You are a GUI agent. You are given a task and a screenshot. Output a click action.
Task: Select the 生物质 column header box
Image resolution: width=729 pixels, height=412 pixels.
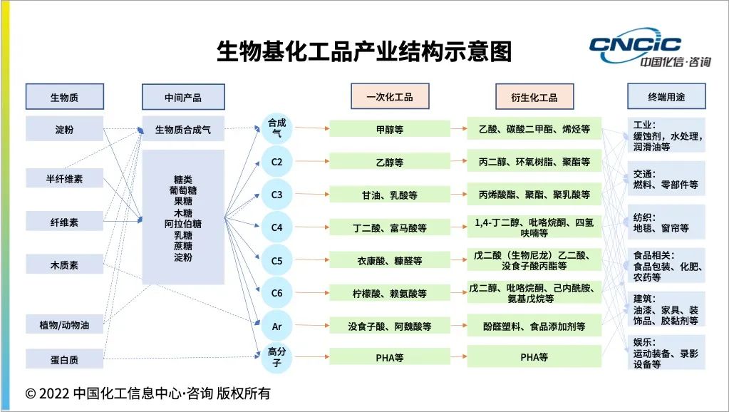pos(64,97)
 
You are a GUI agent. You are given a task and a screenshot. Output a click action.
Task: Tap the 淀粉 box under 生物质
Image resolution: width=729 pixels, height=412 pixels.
pos(64,129)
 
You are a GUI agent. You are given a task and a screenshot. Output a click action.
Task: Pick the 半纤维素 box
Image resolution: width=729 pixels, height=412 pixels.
pos(64,179)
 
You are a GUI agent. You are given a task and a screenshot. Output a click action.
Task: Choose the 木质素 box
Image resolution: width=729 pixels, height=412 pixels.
pos(64,264)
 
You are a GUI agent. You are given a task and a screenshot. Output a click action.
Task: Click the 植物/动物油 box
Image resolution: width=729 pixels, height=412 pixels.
pos(64,324)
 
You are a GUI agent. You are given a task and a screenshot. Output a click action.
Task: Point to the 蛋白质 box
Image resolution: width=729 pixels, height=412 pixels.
pos(64,359)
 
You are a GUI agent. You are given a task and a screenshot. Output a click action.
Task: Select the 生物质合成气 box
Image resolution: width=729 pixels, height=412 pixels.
pos(183,130)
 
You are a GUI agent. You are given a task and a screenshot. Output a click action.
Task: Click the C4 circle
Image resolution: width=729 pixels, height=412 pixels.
pos(276,228)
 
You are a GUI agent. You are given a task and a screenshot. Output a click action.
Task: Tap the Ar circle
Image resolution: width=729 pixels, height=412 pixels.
pos(276,326)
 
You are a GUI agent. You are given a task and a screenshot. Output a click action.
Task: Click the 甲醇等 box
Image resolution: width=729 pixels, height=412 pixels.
pos(389,129)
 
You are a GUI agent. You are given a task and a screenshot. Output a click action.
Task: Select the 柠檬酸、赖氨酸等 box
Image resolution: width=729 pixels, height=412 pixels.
pos(389,293)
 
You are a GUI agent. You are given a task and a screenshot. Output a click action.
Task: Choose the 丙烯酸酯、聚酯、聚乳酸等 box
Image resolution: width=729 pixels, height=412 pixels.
pos(534,195)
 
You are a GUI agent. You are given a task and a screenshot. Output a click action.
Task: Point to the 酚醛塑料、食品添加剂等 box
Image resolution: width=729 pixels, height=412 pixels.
pos(534,326)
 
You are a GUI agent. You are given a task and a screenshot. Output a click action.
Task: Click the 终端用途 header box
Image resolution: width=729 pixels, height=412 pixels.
pos(666,97)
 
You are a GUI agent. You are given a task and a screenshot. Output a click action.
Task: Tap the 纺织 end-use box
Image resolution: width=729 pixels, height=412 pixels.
pos(666,222)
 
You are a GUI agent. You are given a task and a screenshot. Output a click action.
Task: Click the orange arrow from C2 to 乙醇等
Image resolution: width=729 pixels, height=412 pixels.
pos(310,162)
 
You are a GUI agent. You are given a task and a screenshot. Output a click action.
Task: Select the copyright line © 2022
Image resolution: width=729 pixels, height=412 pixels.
pos(148,393)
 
